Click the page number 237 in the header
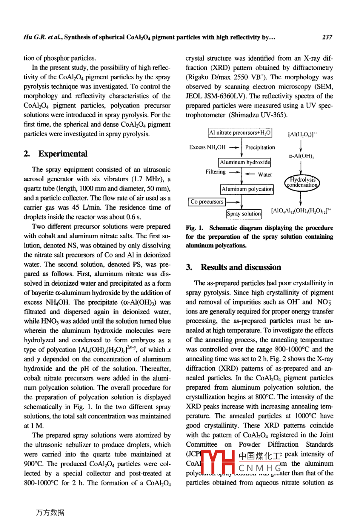click(x=327, y=37)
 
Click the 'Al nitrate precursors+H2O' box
click(x=240, y=133)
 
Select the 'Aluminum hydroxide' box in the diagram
click(x=245, y=162)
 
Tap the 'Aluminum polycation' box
click(x=247, y=189)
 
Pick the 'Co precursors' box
click(x=207, y=202)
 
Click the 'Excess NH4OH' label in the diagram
click(x=207, y=147)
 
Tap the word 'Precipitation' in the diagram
click(x=260, y=147)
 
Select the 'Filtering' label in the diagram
click(x=215, y=172)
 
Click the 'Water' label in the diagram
click(x=265, y=175)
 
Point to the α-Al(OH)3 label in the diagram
click(x=301, y=157)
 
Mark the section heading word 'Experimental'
click(x=63, y=154)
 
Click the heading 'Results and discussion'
click(x=241, y=267)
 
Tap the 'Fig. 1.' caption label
click(x=195, y=228)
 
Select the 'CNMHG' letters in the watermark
click(x=260, y=468)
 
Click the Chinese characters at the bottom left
click(x=50, y=512)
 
